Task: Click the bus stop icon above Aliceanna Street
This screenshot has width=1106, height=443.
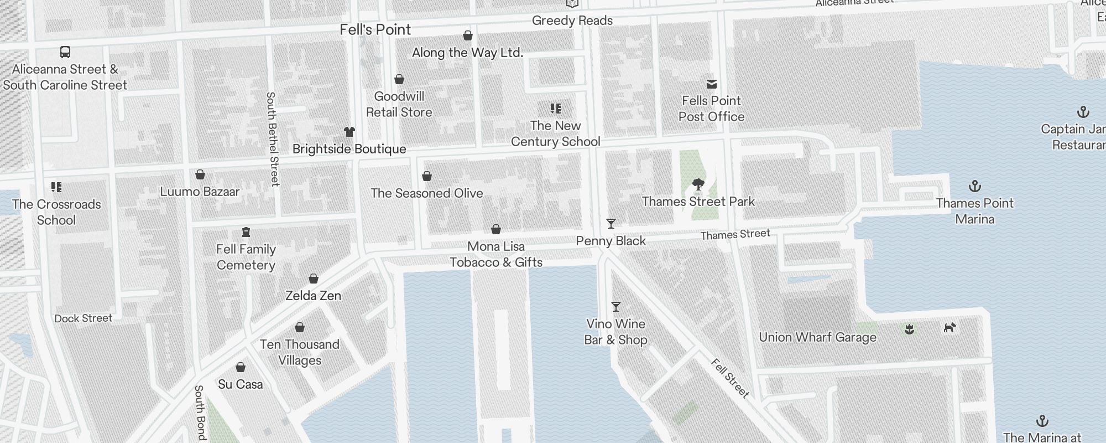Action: point(65,53)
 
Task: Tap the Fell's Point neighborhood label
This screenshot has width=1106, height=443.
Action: point(375,30)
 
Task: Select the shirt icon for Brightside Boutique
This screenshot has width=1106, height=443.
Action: point(349,132)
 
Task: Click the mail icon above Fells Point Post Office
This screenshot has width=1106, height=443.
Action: point(712,84)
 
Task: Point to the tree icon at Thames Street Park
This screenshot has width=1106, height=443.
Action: point(698,184)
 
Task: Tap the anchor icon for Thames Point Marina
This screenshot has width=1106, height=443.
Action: point(975,186)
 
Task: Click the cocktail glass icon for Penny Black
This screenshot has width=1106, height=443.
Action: point(611,224)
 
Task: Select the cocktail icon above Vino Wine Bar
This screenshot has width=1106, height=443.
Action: point(615,307)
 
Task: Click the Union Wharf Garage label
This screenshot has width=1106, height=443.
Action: point(817,337)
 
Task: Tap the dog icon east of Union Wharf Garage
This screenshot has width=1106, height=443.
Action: point(950,328)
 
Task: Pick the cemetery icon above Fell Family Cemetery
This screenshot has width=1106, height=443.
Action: point(246,232)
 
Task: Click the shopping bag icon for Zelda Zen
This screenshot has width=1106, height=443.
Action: point(314,279)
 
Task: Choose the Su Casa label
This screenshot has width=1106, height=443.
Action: point(240,384)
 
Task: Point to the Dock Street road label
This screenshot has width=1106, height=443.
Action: point(83,318)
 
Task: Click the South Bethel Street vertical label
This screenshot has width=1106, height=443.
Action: point(273,138)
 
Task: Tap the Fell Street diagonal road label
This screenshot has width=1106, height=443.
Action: point(730,378)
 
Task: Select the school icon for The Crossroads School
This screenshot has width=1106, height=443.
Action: point(56,187)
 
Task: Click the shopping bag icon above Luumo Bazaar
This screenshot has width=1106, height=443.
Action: point(200,175)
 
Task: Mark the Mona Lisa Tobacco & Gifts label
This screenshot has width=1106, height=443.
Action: point(495,254)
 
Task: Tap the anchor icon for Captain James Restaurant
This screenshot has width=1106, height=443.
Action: point(1083,112)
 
